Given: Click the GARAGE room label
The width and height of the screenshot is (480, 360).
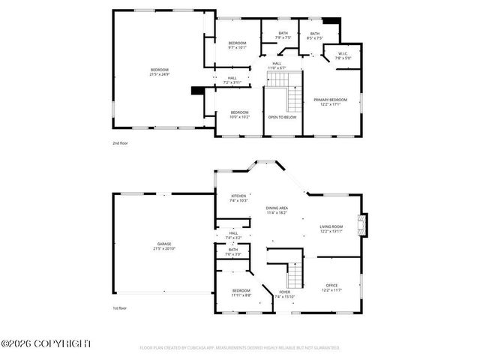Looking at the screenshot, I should [163, 244].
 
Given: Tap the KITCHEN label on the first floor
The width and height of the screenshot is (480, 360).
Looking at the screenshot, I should [238, 196].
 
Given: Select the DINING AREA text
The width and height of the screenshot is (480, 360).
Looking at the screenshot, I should [277, 208].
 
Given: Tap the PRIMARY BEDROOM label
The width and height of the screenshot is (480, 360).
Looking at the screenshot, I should [330, 100].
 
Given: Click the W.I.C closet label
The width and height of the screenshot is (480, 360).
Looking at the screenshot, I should [342, 54].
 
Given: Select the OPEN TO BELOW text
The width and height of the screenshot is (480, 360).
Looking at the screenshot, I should [282, 117].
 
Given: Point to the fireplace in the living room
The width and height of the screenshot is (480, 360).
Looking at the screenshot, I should [364, 226].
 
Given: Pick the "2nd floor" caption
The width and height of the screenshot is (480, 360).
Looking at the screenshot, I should [120, 142].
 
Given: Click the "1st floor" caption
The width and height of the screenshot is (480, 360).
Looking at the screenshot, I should [120, 307].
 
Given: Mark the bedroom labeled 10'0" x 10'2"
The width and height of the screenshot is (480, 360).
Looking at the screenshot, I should [239, 117].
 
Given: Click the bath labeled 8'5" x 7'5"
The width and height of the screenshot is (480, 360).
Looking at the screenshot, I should [315, 38].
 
